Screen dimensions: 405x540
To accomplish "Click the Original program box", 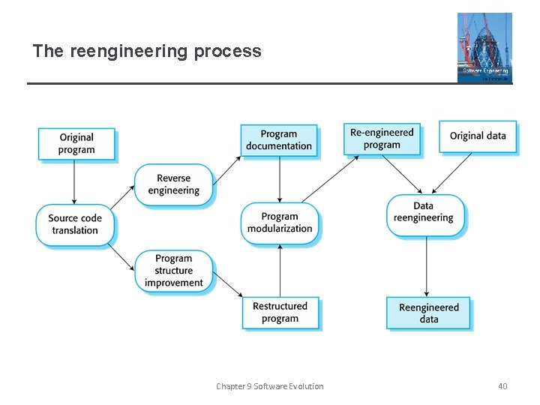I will point(76,143).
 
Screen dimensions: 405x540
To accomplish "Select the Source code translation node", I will point(75,224).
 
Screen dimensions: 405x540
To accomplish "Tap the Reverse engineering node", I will point(174,184).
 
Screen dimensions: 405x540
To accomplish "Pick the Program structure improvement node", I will point(174,271).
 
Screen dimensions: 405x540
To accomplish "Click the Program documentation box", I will point(279,140).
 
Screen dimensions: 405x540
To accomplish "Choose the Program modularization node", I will point(280,223).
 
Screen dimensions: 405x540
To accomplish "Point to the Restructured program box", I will point(280,312).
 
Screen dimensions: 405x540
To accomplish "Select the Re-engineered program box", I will point(382,139).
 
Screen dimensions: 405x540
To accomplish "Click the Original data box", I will point(478,136).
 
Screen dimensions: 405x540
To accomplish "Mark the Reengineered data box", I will point(429,313).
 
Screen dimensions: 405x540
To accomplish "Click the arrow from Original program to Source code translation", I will point(75,181).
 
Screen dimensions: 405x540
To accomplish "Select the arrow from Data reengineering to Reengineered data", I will point(427,265).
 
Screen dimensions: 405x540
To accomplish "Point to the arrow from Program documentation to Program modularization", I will point(280,180).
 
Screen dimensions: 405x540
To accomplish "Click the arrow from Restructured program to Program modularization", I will point(280,270).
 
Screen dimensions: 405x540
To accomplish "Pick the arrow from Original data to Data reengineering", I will point(451,174).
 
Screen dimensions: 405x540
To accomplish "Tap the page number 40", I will point(502,386).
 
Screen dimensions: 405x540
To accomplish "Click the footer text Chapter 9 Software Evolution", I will point(270,386).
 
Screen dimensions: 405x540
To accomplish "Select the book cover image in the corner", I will point(484,47).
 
